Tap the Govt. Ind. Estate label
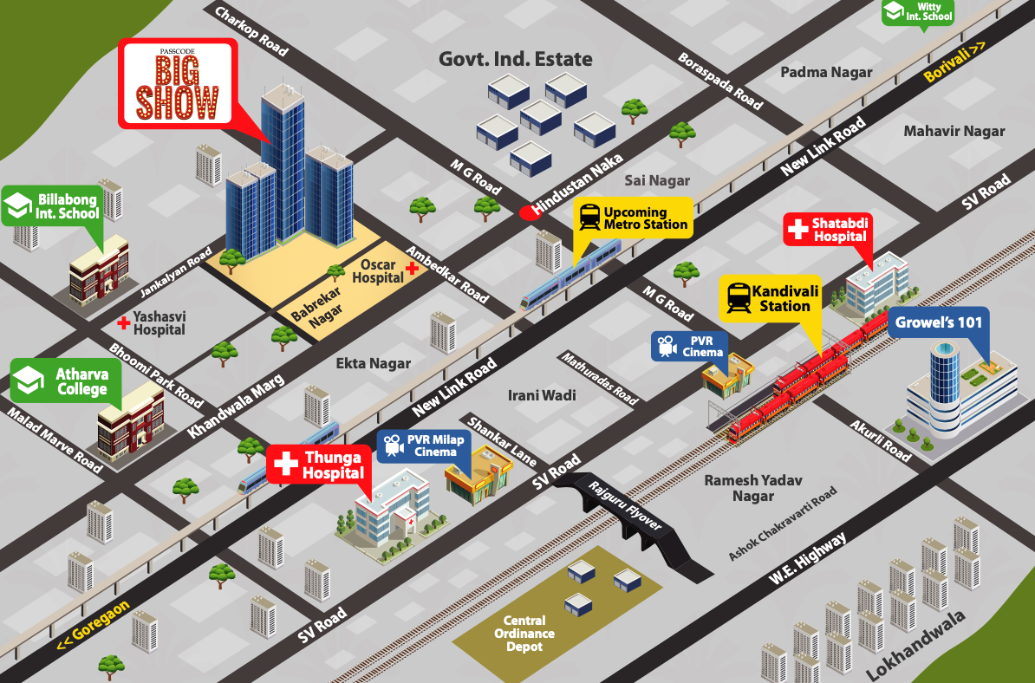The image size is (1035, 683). pyautogui.click(x=515, y=59)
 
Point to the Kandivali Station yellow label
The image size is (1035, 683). pyautogui.click(x=770, y=298)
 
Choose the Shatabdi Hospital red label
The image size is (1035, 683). pyautogui.click(x=827, y=230)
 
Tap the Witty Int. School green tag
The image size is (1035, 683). pyautogui.click(x=918, y=12)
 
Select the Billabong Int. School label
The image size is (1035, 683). pyautogui.click(x=53, y=206)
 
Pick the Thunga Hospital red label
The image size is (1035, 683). pyautogui.click(x=320, y=465)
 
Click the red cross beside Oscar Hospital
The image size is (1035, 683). pyautogui.click(x=413, y=269)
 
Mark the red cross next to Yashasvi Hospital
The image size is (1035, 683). pyautogui.click(x=124, y=322)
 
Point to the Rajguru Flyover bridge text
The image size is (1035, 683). pyautogui.click(x=625, y=507)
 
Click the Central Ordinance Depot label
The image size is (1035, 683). pyautogui.click(x=524, y=634)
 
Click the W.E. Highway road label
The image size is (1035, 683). pyautogui.click(x=806, y=559)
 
